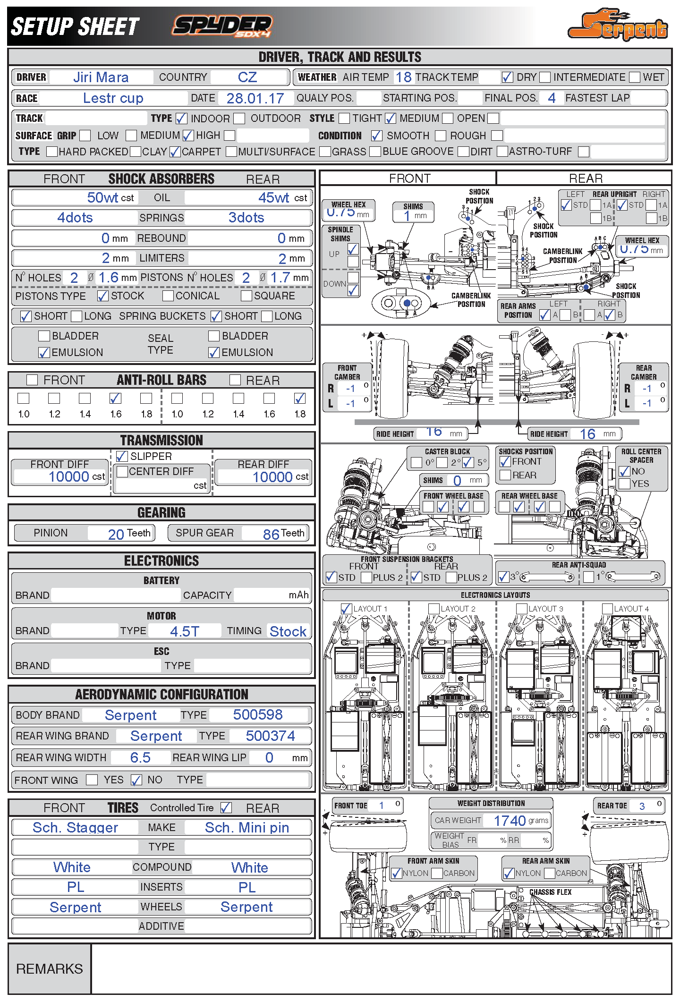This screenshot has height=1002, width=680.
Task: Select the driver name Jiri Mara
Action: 101,77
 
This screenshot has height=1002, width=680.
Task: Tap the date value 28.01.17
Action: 255,98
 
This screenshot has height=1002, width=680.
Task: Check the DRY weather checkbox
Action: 507,77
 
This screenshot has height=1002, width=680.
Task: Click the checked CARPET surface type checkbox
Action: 175,152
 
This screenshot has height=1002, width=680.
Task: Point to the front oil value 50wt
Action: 102,197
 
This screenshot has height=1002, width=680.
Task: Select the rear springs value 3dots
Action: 246,218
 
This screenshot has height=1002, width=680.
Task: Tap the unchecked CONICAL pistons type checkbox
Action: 168,296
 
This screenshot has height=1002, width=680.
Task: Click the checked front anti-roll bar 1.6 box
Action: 115,398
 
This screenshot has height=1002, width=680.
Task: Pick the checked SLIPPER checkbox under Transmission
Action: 122,456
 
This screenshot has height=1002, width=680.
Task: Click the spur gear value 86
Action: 271,534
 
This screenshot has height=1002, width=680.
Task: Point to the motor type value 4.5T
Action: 185,631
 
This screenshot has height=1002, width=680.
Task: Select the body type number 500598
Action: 257,715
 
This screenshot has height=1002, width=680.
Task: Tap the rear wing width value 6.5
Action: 140,757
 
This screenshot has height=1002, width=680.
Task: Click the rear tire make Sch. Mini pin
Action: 246,827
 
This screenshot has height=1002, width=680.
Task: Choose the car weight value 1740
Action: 510,821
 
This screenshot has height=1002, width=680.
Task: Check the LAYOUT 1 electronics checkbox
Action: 346,609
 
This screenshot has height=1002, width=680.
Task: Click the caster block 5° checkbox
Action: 468,462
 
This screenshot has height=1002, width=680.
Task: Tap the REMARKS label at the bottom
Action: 50,969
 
